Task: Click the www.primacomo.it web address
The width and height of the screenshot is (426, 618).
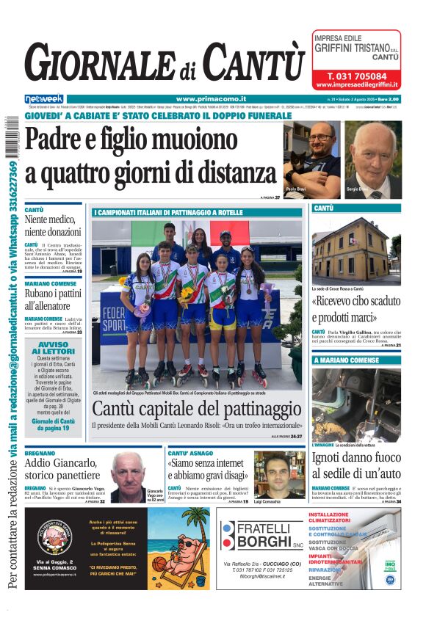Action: (x=211, y=98)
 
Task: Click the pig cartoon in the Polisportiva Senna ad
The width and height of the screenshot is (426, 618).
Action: (x=178, y=547)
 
